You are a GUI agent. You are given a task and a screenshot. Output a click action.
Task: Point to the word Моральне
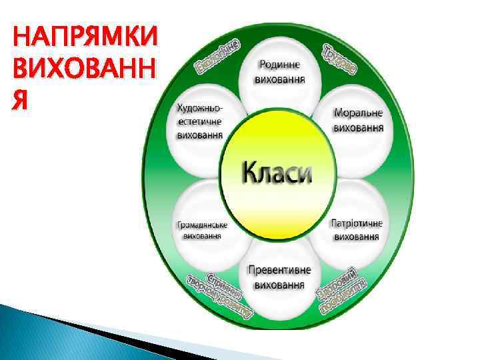coord(358,113)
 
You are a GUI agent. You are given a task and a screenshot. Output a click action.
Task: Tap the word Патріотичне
coord(357,223)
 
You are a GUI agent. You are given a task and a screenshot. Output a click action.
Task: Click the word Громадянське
coord(202,225)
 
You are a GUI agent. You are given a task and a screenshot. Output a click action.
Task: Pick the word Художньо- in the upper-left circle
coord(200,108)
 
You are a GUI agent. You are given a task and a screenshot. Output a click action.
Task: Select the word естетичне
coord(200,121)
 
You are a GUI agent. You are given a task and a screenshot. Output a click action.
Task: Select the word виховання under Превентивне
coord(279,285)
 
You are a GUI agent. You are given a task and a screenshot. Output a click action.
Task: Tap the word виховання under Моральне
coord(358,127)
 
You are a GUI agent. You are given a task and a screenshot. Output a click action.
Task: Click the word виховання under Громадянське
coord(202,237)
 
